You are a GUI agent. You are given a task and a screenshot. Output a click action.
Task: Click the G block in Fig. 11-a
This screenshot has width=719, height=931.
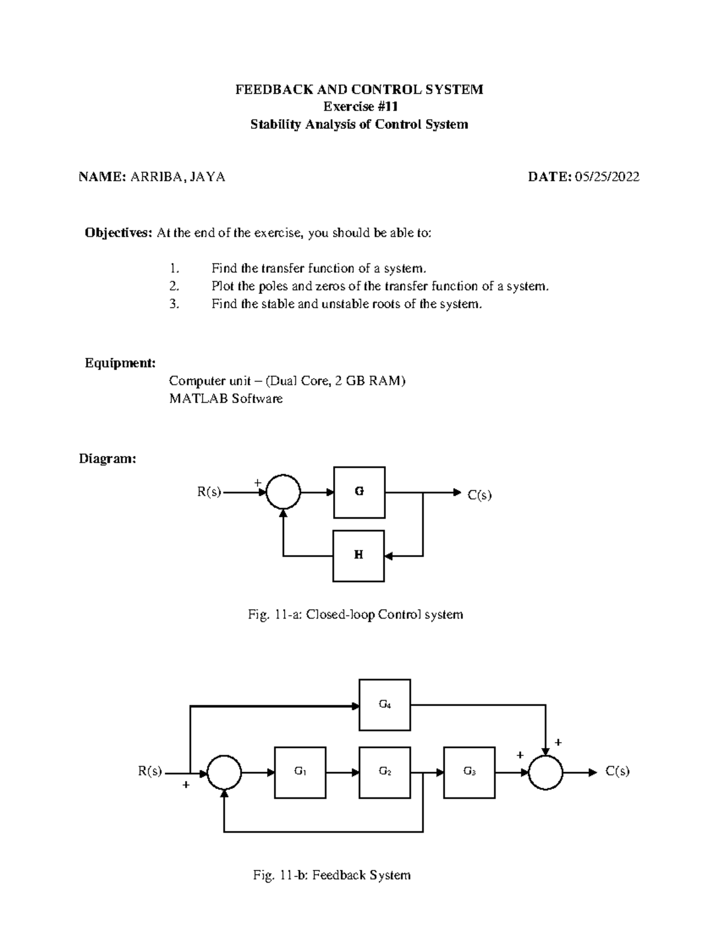(x=359, y=492)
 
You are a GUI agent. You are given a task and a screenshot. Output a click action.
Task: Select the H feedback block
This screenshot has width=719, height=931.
(x=358, y=555)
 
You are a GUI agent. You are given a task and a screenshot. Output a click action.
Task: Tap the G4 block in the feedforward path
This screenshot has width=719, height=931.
(x=385, y=704)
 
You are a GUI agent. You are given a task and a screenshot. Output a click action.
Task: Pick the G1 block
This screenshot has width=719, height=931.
(x=300, y=772)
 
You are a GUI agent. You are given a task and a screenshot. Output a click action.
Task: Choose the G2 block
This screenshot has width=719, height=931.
(x=385, y=772)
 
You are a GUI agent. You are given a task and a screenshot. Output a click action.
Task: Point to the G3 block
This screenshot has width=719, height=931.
(x=470, y=772)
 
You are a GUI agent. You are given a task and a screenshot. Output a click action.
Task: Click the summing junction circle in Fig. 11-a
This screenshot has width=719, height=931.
(x=283, y=492)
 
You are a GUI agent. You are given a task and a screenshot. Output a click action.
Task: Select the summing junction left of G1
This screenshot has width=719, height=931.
(x=224, y=773)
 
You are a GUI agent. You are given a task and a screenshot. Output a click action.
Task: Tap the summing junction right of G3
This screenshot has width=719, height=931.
(x=545, y=773)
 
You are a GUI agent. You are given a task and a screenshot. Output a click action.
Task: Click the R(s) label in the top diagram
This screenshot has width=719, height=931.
(x=209, y=492)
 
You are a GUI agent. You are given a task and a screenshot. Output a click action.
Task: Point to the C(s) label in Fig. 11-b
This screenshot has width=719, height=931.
(x=617, y=772)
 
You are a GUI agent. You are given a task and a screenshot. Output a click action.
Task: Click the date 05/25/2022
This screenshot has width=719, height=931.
(x=607, y=177)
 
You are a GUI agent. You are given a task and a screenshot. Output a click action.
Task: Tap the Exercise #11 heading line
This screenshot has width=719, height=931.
(x=359, y=107)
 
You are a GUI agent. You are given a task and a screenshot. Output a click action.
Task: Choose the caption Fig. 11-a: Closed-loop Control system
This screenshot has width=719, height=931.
(x=355, y=614)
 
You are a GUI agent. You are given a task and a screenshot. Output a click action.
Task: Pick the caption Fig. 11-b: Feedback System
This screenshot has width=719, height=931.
(x=331, y=875)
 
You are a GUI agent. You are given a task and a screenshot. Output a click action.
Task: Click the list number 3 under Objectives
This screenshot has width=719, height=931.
(x=174, y=304)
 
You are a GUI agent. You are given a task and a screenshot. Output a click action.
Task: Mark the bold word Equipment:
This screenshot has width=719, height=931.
(x=120, y=363)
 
